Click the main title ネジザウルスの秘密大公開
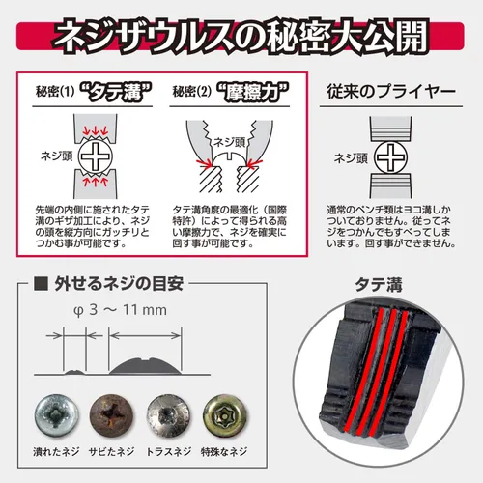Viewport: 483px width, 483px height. (x=241, y=36)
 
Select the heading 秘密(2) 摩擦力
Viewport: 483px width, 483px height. (x=231, y=93)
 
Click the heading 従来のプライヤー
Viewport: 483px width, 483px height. (x=391, y=92)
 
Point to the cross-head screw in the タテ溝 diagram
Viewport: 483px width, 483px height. (x=96, y=156)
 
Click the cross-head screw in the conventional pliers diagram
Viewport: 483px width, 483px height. (x=390, y=157)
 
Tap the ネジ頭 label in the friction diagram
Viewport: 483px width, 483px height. (x=230, y=142)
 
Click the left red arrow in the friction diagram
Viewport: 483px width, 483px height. (x=204, y=162)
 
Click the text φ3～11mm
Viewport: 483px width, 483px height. (x=121, y=310)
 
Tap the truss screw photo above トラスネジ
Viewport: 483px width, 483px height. (x=168, y=415)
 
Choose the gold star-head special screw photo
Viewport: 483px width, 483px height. (x=224, y=415)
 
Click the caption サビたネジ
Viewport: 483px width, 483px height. (x=111, y=451)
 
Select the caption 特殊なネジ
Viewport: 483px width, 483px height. (x=224, y=451)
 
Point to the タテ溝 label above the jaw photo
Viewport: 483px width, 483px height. (x=379, y=285)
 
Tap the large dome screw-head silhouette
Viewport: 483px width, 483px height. (x=145, y=366)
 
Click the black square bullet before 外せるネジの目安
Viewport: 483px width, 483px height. (x=41, y=284)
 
